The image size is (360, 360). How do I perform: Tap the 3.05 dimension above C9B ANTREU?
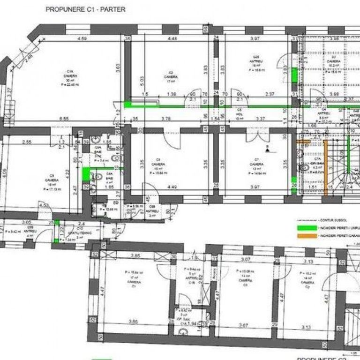[x=26, y=223]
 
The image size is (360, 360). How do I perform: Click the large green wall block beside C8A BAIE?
[x=86, y=174]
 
